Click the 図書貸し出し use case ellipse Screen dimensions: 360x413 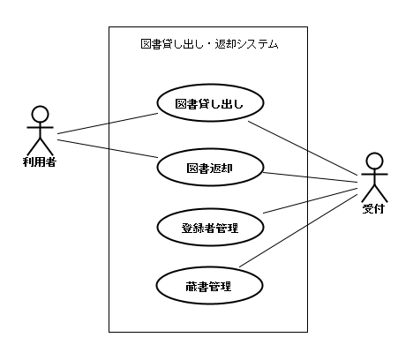(x=209, y=104)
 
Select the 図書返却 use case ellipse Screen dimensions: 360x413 (x=209, y=166)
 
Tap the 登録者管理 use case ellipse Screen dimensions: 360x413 (x=209, y=228)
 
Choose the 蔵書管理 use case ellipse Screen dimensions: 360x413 (x=209, y=287)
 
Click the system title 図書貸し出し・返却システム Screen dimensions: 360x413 (x=209, y=43)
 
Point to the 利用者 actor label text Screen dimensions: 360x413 (x=39, y=162)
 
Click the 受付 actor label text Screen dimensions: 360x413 (x=372, y=209)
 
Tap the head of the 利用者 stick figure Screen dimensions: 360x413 (x=39, y=112)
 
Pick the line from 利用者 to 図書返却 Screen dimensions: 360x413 (x=106, y=147)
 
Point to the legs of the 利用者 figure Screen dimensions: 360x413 (x=39, y=147)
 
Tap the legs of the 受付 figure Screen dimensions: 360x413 (x=373, y=194)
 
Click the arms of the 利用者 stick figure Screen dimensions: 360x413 (x=39, y=128)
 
